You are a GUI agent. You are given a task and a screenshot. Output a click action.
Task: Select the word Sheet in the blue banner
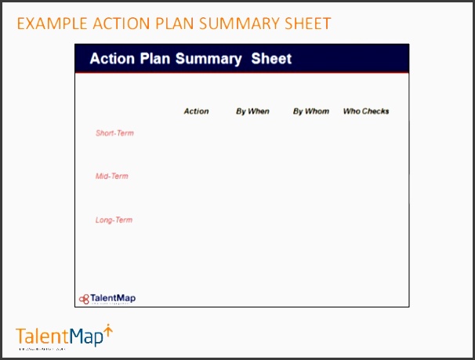pos(271,59)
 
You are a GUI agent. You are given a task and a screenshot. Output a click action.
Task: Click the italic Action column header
pos(196,111)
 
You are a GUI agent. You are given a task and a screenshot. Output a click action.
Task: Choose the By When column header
pos(252,111)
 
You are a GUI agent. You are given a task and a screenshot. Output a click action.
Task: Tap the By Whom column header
pos(311,111)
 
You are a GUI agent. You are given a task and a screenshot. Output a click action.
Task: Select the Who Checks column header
pos(366,111)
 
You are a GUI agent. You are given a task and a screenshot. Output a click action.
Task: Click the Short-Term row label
pos(114,133)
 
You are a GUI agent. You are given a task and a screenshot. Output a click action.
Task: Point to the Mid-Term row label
pos(111,176)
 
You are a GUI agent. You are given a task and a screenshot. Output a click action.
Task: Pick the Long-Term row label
pos(114,220)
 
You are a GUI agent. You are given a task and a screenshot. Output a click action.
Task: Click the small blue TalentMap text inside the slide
pos(113,298)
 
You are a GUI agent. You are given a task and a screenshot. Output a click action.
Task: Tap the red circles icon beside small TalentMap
pos(84,299)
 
